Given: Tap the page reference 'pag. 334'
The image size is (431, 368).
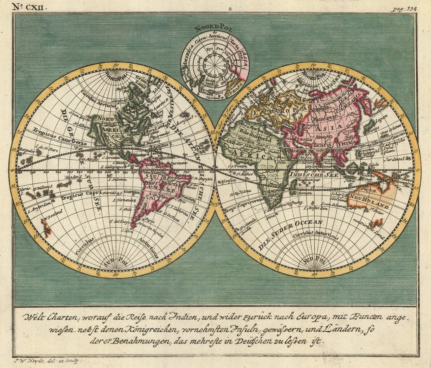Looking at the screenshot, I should (x=403, y=8).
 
